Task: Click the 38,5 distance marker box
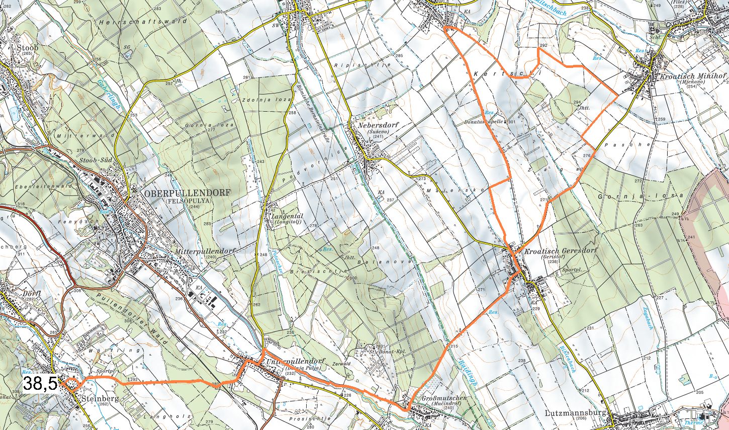click(x=41, y=384)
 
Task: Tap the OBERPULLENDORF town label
click(x=187, y=193)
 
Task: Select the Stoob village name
click(x=27, y=48)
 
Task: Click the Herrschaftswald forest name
click(x=143, y=22)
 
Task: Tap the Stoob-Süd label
click(x=98, y=161)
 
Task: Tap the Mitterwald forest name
click(x=75, y=136)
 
